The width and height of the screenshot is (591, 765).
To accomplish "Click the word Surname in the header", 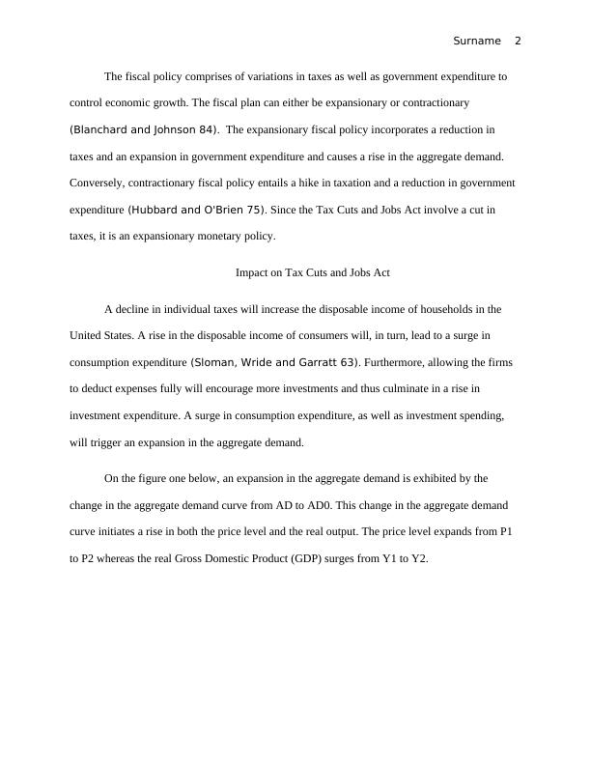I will click(x=477, y=41).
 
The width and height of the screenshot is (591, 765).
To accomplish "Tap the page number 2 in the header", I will click(x=518, y=41).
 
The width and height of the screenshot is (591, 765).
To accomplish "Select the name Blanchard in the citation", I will click(x=101, y=128).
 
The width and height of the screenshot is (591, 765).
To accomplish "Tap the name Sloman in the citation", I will click(x=214, y=362).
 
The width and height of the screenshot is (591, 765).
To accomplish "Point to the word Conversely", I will click(x=99, y=182).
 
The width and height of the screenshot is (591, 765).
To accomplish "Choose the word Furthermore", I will click(x=403, y=362).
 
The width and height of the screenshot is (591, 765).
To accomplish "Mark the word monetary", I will click(x=220, y=235).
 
